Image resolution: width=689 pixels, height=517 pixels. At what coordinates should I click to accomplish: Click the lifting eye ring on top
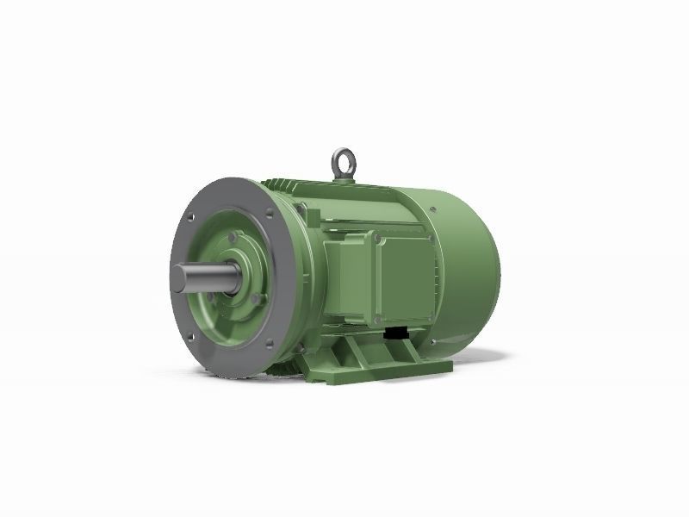coord(342,161)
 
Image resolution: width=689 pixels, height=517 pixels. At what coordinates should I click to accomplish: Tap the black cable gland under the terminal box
coord(397,332)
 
